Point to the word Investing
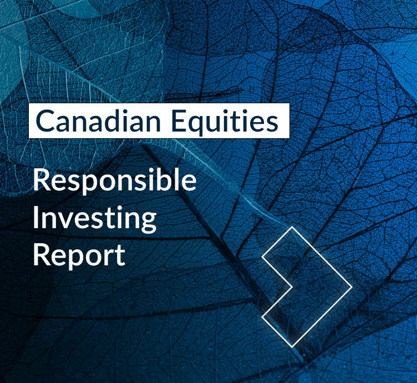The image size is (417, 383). [94, 219]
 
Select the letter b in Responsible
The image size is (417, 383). [172, 181]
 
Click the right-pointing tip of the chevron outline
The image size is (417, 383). [352, 287]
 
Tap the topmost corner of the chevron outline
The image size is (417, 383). [291, 226]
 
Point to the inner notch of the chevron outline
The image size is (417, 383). [292, 287]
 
